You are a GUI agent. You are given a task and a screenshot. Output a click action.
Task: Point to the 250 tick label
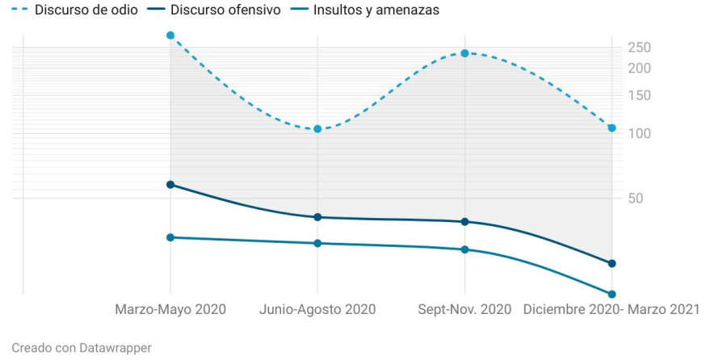pos(640,47)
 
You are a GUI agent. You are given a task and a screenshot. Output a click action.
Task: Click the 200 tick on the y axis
pos(640,68)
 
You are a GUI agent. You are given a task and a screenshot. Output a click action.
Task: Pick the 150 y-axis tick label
pos(640,95)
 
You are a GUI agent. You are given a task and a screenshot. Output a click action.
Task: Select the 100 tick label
pos(640,133)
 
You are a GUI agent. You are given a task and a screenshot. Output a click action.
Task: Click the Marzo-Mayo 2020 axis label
pos(170,309)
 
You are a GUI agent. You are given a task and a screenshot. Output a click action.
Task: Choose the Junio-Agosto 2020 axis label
pos(317,309)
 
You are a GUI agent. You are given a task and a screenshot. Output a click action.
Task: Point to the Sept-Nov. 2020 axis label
pos(464,309)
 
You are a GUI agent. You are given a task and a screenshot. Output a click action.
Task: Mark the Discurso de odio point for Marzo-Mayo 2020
pos(170,36)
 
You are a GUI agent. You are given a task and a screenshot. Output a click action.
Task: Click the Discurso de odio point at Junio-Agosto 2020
pos(317,129)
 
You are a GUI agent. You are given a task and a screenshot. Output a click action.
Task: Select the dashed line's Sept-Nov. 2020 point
pos(464,53)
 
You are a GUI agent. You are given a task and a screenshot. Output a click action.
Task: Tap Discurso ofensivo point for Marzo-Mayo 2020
pos(170,185)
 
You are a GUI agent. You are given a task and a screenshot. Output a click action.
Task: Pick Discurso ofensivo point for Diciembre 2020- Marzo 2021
pos(611,263)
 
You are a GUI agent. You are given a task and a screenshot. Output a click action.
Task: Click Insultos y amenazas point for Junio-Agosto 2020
pos(317,243)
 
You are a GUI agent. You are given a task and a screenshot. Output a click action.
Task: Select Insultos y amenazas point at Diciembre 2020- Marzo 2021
pos(611,294)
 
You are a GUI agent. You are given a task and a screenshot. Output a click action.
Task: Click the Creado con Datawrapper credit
pos(82,348)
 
